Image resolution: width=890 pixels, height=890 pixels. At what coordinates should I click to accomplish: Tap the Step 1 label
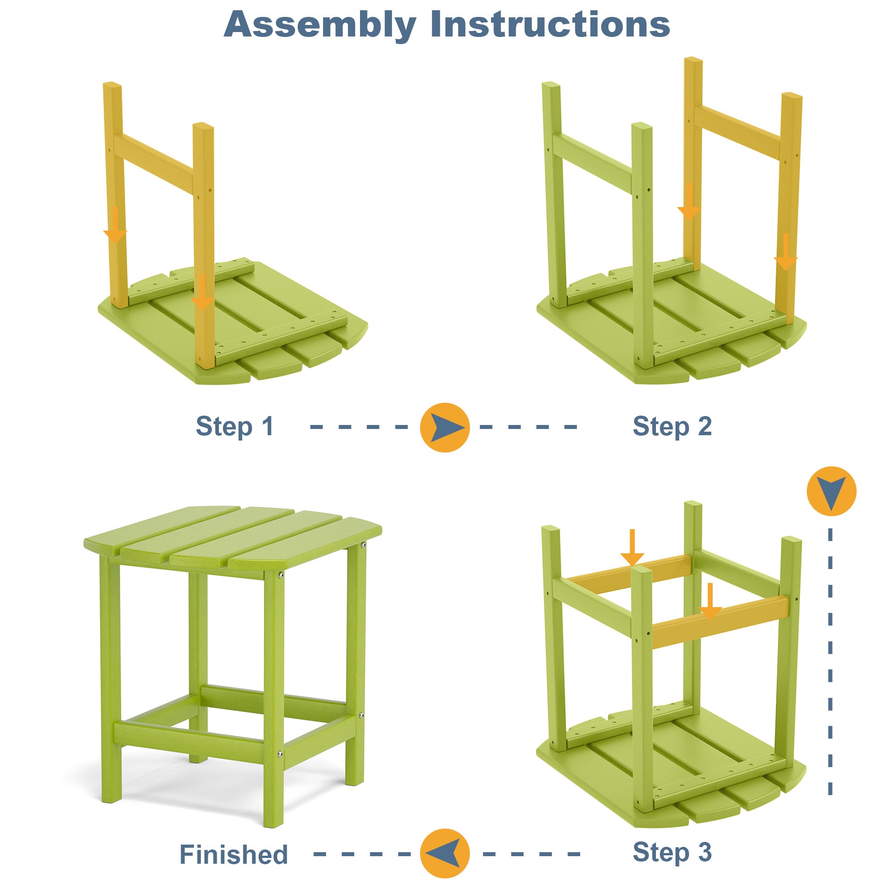[235, 426]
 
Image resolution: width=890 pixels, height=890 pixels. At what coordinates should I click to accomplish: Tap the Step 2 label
[672, 426]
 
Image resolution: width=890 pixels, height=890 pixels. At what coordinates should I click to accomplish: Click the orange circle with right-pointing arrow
[445, 427]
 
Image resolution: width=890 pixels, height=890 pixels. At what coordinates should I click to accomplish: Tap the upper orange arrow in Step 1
[115, 226]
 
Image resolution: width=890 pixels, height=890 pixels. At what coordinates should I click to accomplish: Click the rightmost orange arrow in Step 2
[785, 252]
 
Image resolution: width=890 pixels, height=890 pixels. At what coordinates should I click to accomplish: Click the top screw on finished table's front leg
[280, 575]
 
